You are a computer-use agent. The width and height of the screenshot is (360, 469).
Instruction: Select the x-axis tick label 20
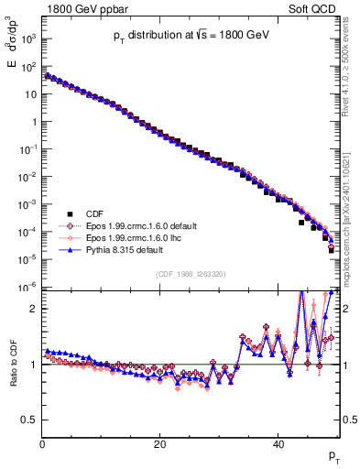click(x=160, y=446)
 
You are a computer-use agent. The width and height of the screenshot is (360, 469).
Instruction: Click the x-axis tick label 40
click(x=278, y=446)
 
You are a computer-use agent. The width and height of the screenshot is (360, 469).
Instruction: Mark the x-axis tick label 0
click(x=42, y=446)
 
